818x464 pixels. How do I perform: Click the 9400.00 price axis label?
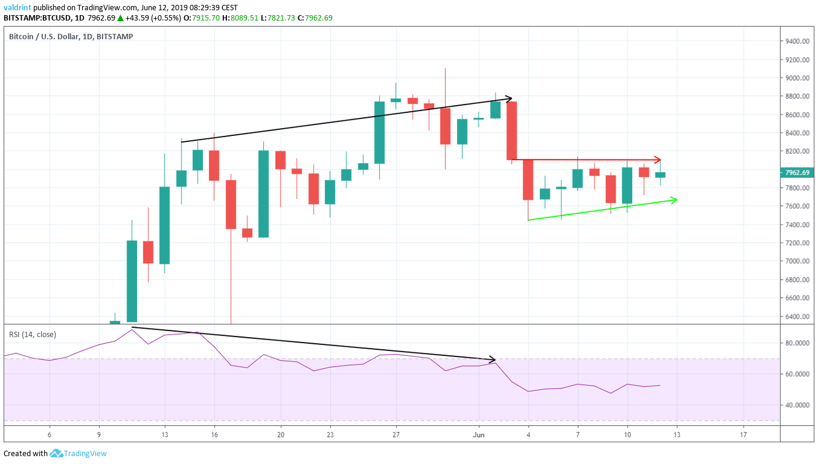[796, 41]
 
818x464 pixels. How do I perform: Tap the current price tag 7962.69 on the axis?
[796, 172]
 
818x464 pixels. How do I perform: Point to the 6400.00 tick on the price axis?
[796, 317]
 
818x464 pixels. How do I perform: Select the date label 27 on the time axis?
[396, 434]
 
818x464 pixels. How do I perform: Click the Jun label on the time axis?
[479, 434]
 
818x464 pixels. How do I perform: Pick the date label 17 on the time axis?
[743, 434]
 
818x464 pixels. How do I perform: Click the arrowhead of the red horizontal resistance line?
[659, 159]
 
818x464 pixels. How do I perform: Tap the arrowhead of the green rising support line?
[674, 199]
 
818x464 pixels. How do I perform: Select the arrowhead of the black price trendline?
[509, 98]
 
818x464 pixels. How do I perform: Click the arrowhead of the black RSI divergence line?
[492, 359]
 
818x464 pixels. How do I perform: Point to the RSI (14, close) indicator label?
[32, 334]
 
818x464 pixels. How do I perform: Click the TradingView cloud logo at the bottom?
[56, 453]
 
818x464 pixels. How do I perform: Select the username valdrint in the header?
[18, 8]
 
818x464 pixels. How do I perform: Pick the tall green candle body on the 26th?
[380, 132]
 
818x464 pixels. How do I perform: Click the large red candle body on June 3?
[511, 130]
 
